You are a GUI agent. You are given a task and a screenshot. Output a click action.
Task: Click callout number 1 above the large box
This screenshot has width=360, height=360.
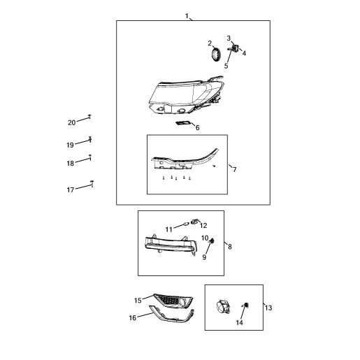(187, 16)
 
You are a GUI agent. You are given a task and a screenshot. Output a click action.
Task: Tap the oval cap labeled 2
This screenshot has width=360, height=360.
(216, 55)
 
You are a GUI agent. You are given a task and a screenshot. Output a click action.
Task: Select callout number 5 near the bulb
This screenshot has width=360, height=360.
(226, 66)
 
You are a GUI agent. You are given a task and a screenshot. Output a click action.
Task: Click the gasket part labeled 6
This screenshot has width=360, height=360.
(183, 122)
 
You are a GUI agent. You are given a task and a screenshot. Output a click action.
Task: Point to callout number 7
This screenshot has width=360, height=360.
(235, 169)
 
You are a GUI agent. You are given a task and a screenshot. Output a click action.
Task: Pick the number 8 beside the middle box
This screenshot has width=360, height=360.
(230, 247)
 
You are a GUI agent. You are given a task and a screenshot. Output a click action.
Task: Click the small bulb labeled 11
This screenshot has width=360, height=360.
(186, 224)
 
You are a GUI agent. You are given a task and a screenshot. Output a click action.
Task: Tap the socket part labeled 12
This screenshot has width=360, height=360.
(194, 222)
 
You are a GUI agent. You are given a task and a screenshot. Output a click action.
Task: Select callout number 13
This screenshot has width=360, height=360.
(268, 308)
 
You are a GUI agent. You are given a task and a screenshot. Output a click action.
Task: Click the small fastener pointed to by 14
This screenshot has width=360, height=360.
(246, 305)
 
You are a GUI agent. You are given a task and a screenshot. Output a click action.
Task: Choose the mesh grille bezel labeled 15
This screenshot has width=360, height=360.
(173, 301)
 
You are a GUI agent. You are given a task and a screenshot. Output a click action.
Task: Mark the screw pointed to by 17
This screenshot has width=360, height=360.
(92, 183)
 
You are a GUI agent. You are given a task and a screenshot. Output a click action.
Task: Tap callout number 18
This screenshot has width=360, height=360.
(70, 164)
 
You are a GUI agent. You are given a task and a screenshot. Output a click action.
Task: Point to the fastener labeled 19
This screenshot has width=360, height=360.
(90, 139)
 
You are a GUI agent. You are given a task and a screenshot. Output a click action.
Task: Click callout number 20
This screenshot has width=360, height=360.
(72, 122)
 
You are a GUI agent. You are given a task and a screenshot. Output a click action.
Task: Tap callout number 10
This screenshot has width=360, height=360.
(205, 238)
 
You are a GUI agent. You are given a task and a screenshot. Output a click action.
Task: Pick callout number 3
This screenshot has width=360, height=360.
(229, 38)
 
